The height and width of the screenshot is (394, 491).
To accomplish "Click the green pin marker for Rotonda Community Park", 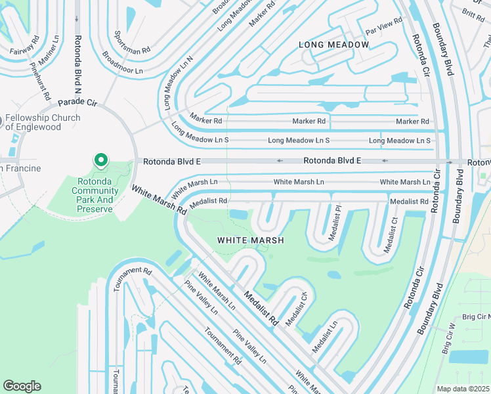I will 100,160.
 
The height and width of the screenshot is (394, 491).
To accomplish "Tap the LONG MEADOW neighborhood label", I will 333,45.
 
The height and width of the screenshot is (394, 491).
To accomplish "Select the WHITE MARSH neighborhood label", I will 251,240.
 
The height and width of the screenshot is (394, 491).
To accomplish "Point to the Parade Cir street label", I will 77,103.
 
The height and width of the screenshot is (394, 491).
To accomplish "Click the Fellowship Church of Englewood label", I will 43,122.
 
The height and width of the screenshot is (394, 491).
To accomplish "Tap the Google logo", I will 22,385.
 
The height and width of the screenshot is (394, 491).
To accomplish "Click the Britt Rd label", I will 473,14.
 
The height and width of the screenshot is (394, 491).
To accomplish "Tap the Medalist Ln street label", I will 325,335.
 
